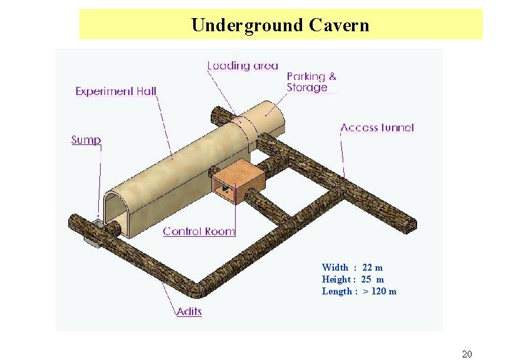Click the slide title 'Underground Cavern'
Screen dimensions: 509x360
point(280,25)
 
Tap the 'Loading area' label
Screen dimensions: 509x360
point(243,66)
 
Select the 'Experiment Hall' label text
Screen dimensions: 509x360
point(116,91)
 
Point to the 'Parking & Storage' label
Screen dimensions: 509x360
point(311,82)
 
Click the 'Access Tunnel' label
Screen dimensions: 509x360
point(377,127)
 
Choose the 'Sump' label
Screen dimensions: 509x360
point(86,140)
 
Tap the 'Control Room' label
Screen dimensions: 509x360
point(199,231)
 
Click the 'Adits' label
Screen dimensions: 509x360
point(189,311)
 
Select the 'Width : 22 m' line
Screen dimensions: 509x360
point(352,267)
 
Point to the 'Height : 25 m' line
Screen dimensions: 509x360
point(353,279)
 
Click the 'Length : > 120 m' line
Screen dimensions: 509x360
point(359,291)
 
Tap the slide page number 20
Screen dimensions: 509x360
point(466,354)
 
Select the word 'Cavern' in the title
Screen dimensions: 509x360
point(338,25)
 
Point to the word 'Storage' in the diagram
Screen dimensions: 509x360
point(307,87)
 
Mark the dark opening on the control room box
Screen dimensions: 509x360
point(224,187)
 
